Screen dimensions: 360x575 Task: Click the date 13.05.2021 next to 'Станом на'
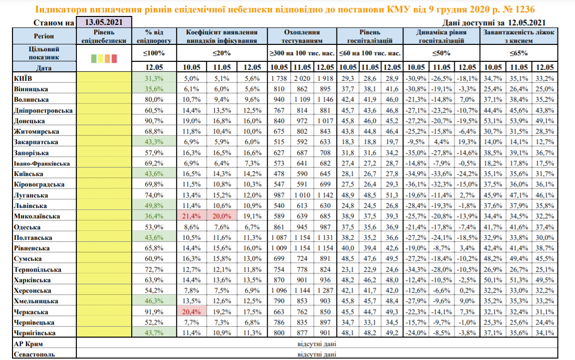pos(104,22)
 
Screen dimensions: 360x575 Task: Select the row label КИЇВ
pos(23,79)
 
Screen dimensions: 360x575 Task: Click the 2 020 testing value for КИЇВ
pos(303,79)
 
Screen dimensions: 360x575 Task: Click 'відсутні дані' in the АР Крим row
pos(317,344)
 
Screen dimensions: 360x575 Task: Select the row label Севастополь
pos(34,354)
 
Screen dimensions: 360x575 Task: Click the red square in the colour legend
pos(114,59)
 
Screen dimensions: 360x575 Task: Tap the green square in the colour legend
pos(94,59)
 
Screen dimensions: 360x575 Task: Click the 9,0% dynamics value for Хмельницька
pos(467,301)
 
